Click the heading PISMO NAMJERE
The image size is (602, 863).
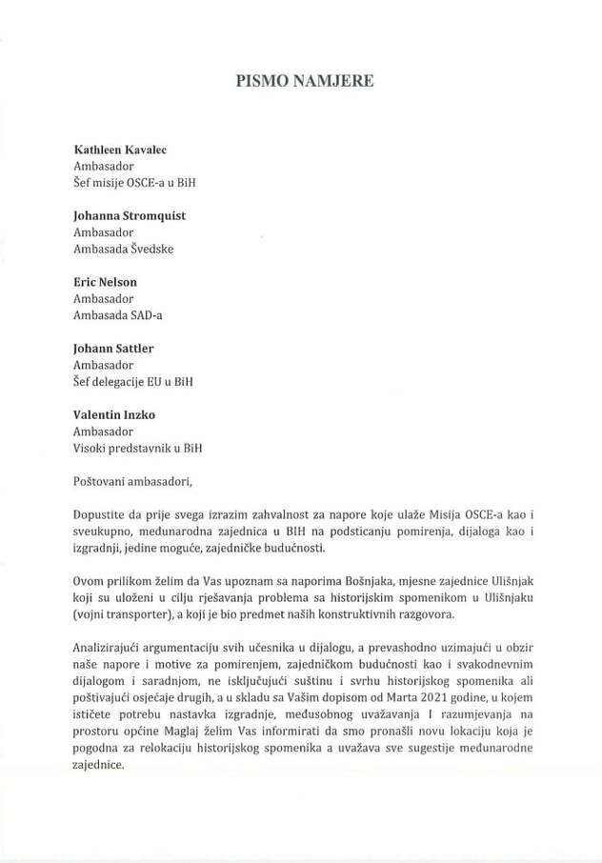pos(305,81)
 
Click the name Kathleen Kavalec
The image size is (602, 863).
pos(122,151)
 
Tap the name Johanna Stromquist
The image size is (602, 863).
pos(130,216)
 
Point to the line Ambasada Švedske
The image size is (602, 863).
pos(124,250)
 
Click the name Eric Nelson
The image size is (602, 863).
pos(105,283)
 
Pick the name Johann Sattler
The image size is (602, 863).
pos(113,349)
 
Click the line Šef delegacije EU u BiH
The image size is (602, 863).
pos(133,382)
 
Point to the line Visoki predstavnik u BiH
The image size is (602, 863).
pos(138,448)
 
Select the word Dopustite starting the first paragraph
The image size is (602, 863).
pos(103,514)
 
